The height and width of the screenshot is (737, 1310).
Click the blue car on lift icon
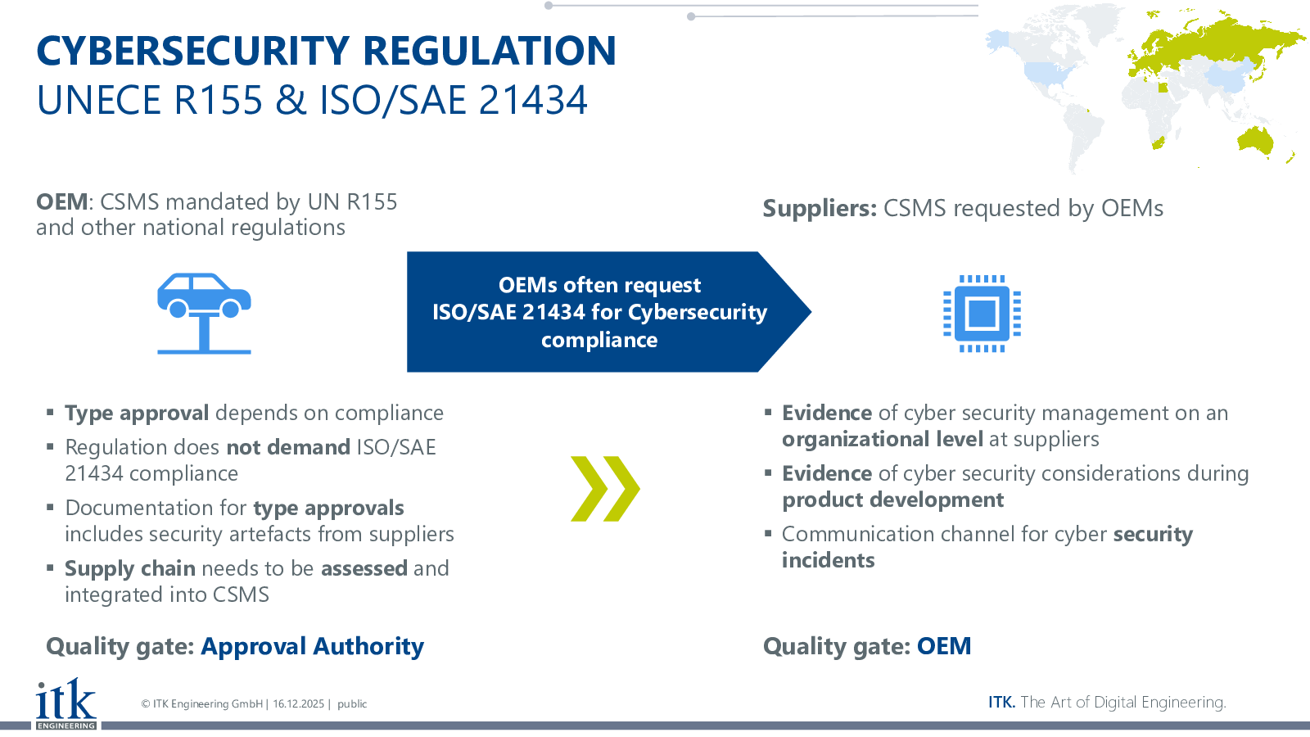[204, 314]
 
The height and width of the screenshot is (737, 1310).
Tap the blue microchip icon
[982, 314]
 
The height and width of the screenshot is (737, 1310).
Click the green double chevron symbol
[605, 488]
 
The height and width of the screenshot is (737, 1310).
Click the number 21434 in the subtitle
[533, 100]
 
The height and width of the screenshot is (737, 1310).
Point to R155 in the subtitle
[218, 100]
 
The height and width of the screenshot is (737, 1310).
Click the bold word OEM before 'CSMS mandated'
[62, 201]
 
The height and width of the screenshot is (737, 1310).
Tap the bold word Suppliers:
[820, 209]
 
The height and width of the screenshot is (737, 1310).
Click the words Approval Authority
[312, 647]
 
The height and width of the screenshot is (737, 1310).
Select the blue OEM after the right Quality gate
[944, 646]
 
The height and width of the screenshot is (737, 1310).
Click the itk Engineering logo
[66, 703]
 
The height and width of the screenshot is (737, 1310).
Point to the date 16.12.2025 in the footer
[298, 703]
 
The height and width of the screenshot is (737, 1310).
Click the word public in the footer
[352, 703]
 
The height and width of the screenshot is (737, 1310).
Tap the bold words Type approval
[137, 414]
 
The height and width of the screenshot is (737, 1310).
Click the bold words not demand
[288, 447]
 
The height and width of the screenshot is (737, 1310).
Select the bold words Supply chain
[130, 569]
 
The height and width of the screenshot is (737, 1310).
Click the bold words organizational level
[883, 440]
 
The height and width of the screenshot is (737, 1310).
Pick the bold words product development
[893, 500]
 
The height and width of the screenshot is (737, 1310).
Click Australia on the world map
[1255, 140]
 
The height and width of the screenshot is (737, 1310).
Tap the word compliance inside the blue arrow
[599, 341]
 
